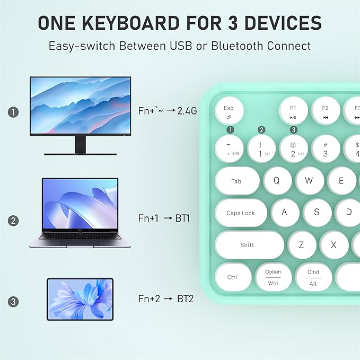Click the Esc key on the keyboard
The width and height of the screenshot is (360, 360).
(229, 111)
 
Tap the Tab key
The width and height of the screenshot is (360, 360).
(236, 181)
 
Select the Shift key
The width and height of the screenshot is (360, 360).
(247, 245)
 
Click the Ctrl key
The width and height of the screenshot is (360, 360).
(232, 277)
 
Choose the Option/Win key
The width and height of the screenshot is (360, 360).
(273, 277)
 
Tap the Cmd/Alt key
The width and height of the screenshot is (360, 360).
(313, 277)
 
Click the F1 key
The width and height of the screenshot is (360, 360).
(293, 111)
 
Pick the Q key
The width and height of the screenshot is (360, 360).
(276, 180)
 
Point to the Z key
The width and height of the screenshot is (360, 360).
(301, 245)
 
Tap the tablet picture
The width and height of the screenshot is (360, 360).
(80, 299)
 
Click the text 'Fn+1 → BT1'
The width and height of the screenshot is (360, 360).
(164, 218)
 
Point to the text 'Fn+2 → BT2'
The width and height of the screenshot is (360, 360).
(166, 299)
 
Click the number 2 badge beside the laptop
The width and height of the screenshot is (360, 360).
(13, 220)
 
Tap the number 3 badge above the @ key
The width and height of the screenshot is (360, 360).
(293, 129)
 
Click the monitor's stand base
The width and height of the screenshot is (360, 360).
(80, 152)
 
